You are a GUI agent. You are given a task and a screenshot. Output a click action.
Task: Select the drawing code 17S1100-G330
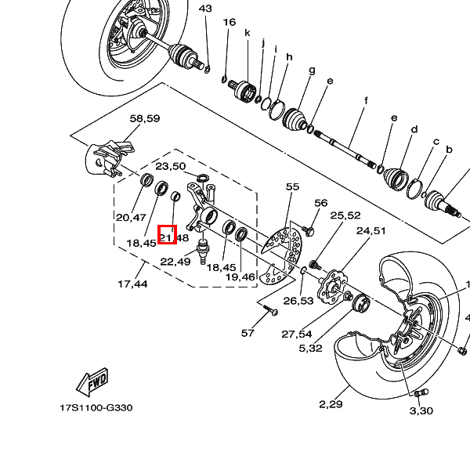pyautogui.click(x=97, y=408)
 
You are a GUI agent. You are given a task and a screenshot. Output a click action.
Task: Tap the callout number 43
pyautogui.click(x=205, y=9)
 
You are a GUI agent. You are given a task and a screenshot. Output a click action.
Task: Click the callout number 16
pyautogui.click(x=229, y=23)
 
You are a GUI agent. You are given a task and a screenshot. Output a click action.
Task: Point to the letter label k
pyautogui.click(x=247, y=33)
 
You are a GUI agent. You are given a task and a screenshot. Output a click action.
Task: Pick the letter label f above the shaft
pyautogui.click(x=366, y=100)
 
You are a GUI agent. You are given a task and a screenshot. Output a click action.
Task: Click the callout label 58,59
pyautogui.click(x=144, y=118)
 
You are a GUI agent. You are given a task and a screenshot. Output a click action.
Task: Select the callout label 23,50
pyautogui.click(x=170, y=166)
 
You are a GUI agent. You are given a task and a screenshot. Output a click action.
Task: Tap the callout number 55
pyautogui.click(x=292, y=186)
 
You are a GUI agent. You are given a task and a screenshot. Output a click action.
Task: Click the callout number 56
pyautogui.click(x=320, y=203)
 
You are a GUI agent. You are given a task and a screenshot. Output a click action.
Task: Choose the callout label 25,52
pyautogui.click(x=345, y=215)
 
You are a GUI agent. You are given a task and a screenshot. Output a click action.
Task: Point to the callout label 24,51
pyautogui.click(x=371, y=230)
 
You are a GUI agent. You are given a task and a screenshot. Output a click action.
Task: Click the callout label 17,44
pyautogui.click(x=132, y=284)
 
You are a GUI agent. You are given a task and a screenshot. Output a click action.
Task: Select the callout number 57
pyautogui.click(x=248, y=333)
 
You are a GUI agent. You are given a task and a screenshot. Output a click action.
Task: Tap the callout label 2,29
pyautogui.click(x=331, y=404)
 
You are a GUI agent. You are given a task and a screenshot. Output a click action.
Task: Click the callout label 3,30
pyautogui.click(x=421, y=410)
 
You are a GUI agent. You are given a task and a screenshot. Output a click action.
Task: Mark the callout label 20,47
pyautogui.click(x=132, y=217)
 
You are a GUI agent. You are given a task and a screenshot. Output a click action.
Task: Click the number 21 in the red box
pyautogui.click(x=166, y=236)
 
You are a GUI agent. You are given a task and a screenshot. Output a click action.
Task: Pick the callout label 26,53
pyautogui.click(x=298, y=301)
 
